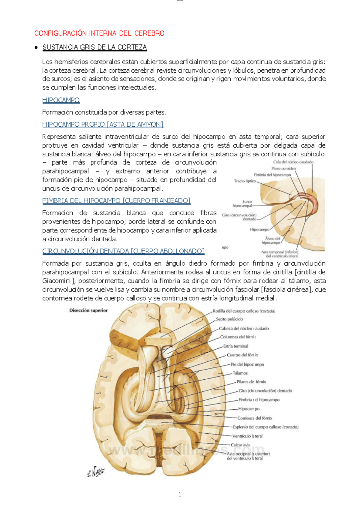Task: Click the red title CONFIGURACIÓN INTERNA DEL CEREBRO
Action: pos(99,33)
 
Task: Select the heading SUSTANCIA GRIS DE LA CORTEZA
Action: pos(94,47)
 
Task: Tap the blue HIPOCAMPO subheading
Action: pos(61,100)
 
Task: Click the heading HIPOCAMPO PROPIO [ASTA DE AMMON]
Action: pos(103,124)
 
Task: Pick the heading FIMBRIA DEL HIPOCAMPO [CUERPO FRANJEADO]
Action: pos(116,200)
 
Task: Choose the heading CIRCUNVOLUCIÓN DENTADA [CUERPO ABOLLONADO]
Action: pos(123,251)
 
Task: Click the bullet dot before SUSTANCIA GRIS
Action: pos(36,47)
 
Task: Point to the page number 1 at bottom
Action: pos(180,495)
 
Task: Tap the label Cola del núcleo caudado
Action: pos(293,162)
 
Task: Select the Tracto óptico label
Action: pos(245,181)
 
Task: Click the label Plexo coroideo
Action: pos(283,169)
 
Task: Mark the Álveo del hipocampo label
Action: pos(272,241)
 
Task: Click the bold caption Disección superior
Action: pos(88,311)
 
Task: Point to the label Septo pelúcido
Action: pos(229,319)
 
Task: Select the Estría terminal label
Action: pos(235,346)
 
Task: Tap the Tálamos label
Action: pos(240,373)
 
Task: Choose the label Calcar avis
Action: pos(240,445)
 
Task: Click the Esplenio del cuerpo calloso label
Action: pos(265,427)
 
